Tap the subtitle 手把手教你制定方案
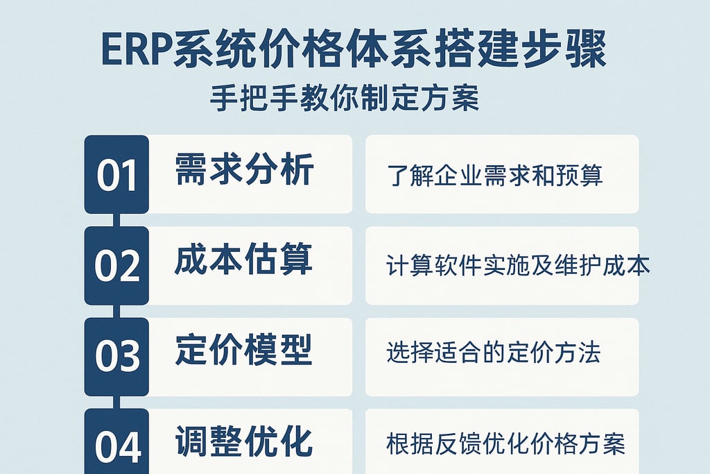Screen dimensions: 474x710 [x=345, y=98]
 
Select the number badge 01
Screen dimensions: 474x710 [x=116, y=175]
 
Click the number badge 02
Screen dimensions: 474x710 [x=116, y=266]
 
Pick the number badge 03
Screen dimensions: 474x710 [x=116, y=357]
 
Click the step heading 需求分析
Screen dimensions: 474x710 [x=244, y=170]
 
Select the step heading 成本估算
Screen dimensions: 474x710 [x=243, y=260]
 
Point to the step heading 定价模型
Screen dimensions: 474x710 [x=243, y=351]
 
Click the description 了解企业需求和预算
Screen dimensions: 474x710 [x=495, y=176]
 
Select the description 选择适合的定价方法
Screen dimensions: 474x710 [x=493, y=353]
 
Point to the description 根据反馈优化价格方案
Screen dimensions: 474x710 [x=505, y=443]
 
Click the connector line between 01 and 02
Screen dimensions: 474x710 [x=116, y=220]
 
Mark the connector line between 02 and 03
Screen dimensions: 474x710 [x=116, y=311]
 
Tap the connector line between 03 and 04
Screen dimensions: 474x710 [x=116, y=402]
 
